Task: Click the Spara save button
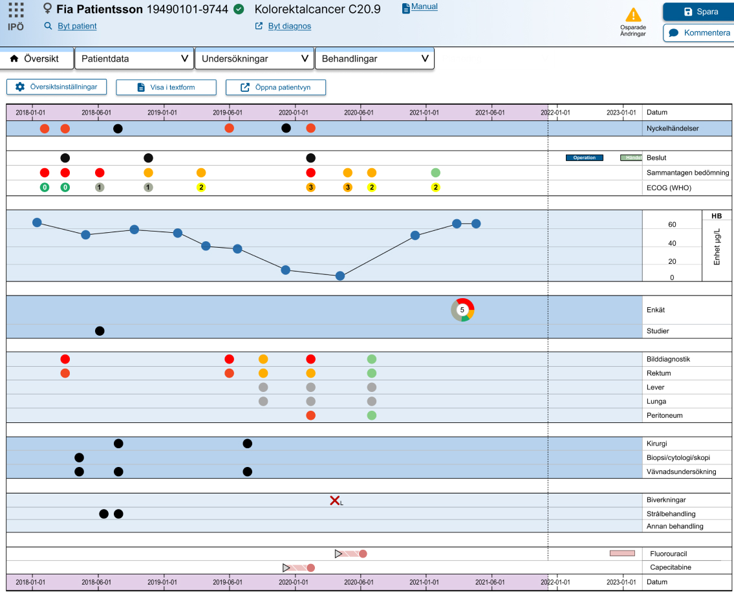[698, 12]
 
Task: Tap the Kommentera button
[698, 33]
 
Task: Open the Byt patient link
[77, 26]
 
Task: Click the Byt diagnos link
[289, 26]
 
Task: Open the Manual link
[424, 6]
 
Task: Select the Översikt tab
[37, 58]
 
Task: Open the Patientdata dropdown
[134, 58]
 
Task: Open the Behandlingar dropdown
[374, 58]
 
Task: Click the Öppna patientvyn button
[275, 87]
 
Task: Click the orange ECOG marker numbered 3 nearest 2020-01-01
[311, 187]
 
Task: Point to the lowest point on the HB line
[340, 276]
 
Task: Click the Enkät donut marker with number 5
[462, 310]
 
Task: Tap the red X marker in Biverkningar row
[335, 500]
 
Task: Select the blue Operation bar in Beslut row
[585, 158]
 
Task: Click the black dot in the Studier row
[100, 331]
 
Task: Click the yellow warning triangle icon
[633, 15]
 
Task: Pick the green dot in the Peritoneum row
[372, 415]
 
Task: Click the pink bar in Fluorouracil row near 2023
[622, 553]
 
